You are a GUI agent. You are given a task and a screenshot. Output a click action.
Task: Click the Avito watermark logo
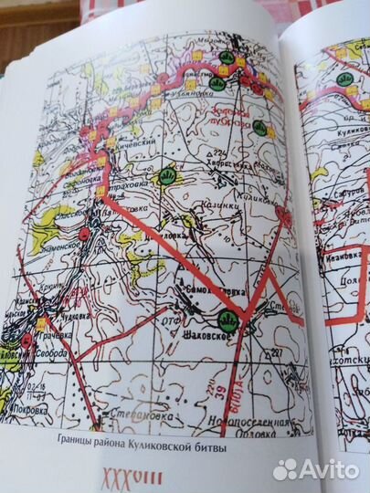pos(315,469)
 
